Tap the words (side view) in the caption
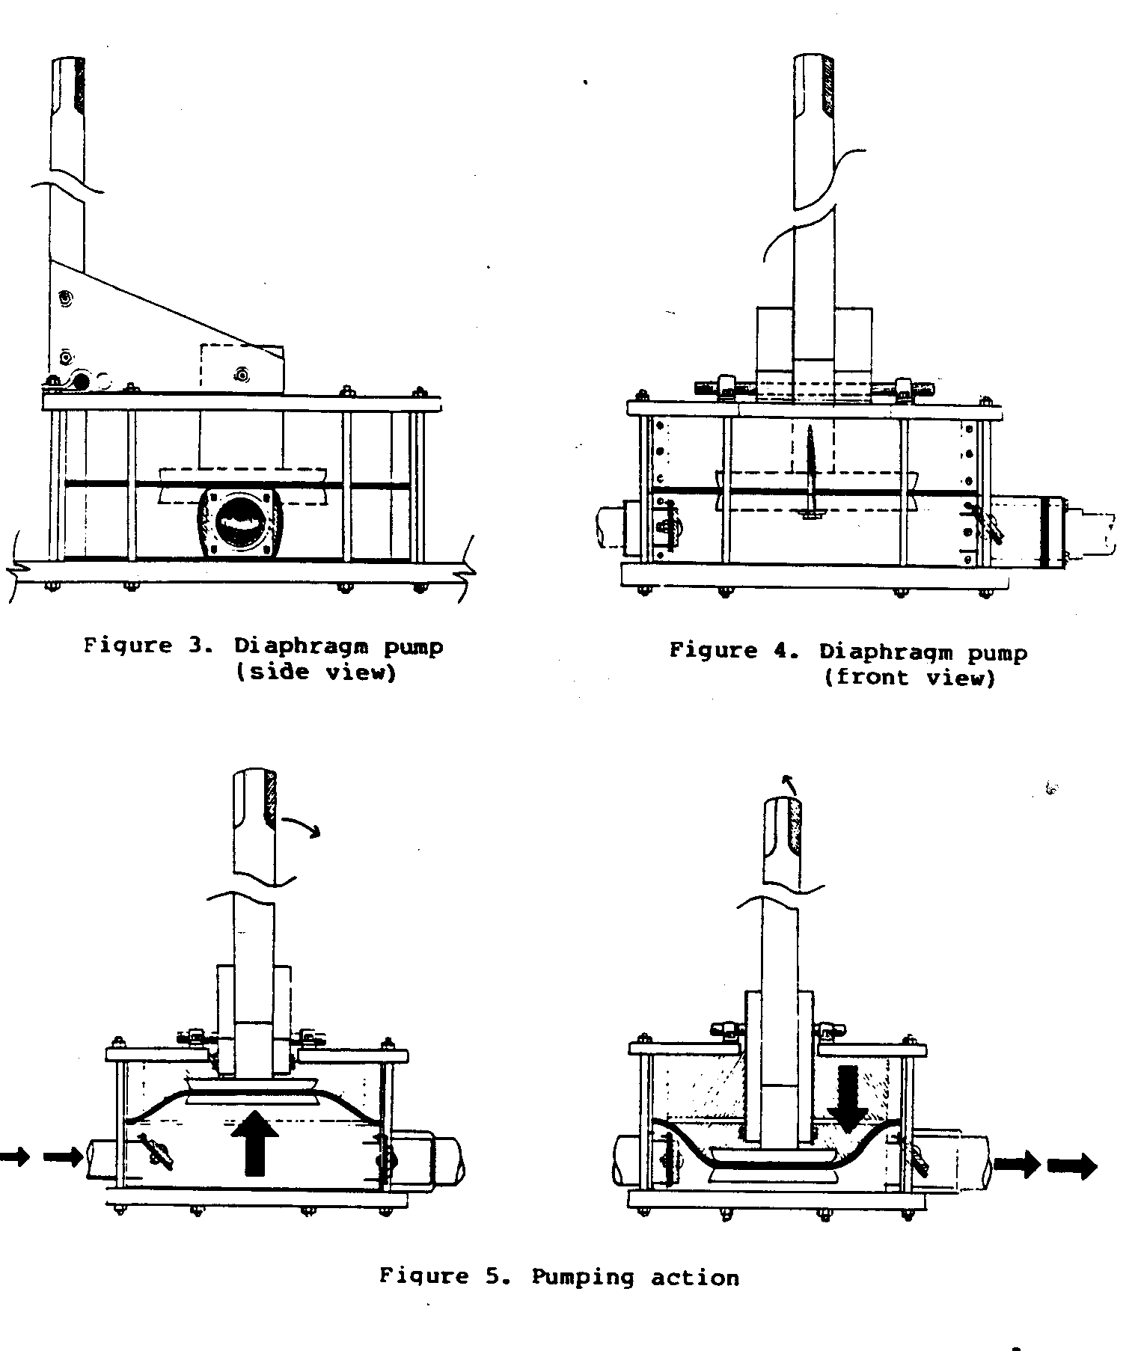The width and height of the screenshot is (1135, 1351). pos(315,672)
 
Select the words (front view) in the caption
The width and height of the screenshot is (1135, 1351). pos(909,678)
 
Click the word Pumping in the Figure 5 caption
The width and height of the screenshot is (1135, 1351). pos(581,1276)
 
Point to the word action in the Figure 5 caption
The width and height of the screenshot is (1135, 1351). pos(694,1277)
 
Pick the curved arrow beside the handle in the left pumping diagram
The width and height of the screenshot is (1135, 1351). pos(303,824)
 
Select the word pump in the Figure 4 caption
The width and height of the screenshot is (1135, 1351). pos(997,653)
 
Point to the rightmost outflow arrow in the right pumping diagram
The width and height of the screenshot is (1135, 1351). pos(1073,1165)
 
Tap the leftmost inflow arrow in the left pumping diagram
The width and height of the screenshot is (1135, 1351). pos(13,1157)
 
